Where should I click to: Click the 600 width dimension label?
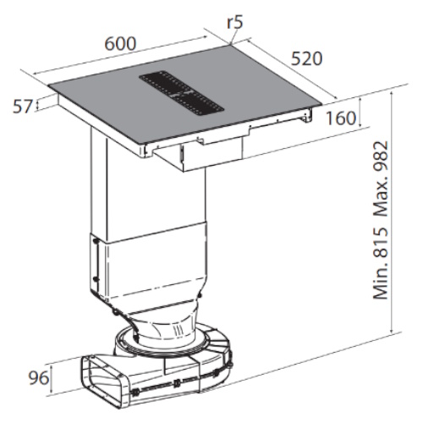120,44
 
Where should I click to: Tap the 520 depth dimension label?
306,58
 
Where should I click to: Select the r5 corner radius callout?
234,22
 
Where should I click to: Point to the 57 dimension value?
23,107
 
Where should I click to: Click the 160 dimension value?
341,118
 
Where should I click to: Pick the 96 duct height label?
39,377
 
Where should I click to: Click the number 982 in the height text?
381,157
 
